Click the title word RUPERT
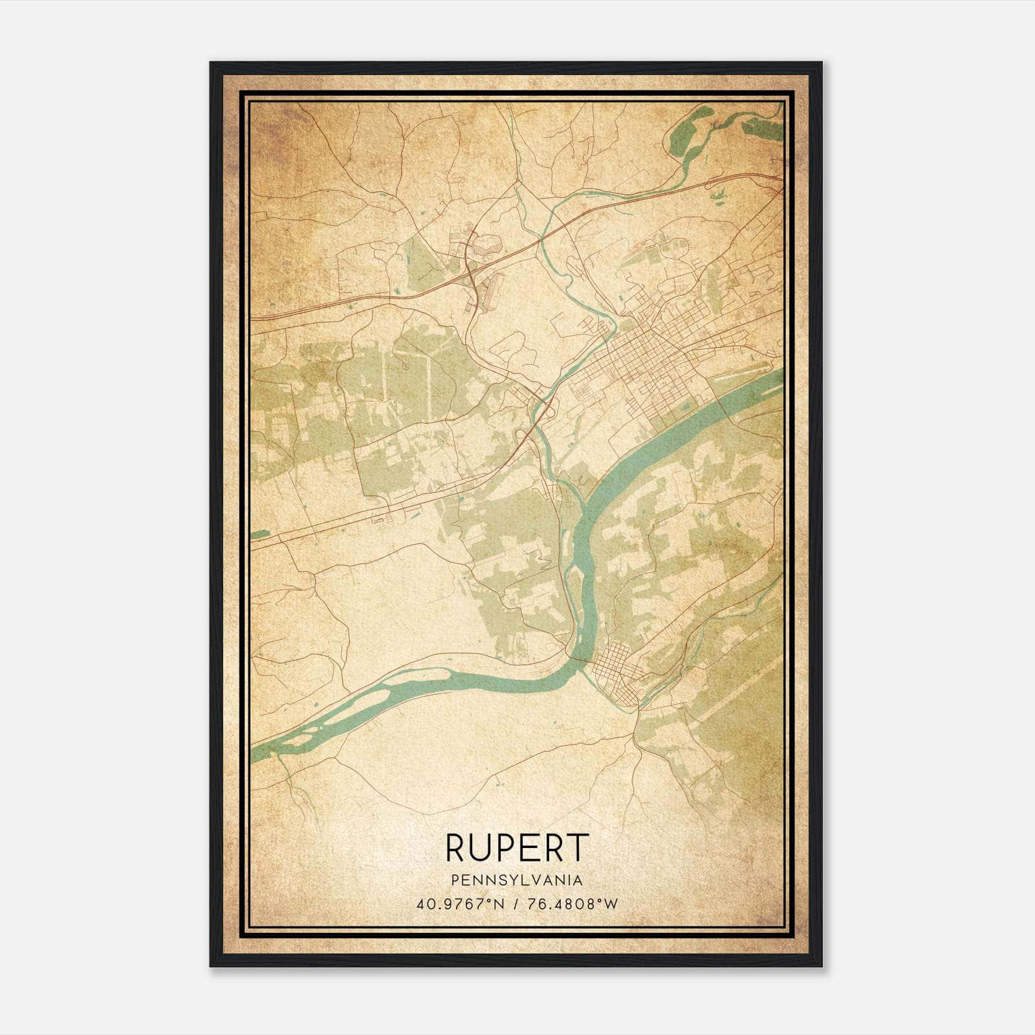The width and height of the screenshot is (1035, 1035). click(x=517, y=848)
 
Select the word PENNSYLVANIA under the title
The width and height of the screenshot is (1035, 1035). click(x=517, y=880)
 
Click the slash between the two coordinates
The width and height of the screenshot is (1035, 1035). click(x=516, y=904)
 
